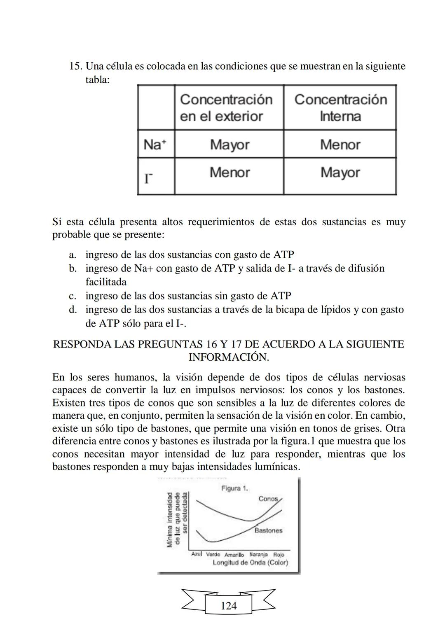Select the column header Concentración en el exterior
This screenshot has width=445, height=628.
coord(226,107)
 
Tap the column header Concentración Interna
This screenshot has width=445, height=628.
coord(340,107)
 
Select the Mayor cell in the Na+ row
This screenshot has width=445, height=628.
coord(230,145)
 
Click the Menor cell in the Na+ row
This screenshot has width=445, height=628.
coord(340,145)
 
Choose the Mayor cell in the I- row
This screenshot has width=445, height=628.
coord(340,173)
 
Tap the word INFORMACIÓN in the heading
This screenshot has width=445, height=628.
coord(229,357)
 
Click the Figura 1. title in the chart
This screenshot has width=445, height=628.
coord(234,488)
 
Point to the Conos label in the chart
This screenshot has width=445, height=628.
coord(268,499)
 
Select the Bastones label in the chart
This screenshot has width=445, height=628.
coord(268,530)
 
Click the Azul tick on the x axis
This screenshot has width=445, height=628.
coord(197,554)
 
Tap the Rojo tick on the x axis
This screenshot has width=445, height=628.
coord(279,554)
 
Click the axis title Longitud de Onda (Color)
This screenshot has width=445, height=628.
coord(250,563)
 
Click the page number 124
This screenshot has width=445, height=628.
coord(229,606)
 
